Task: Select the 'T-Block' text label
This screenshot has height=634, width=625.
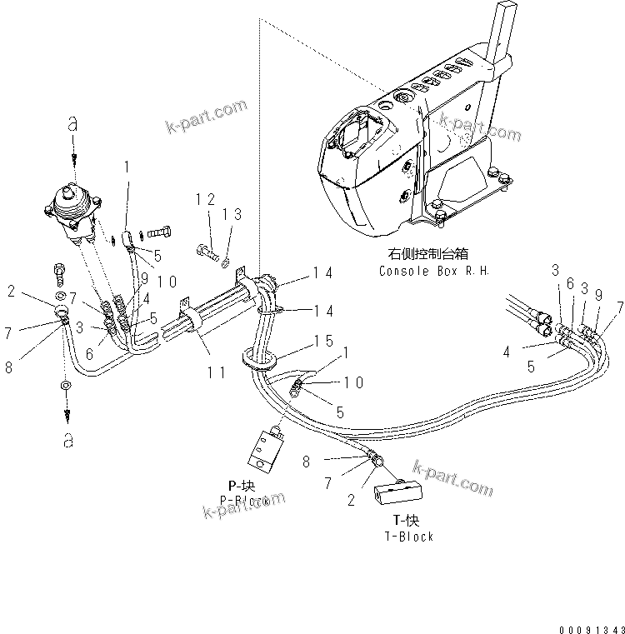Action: [x=408, y=537]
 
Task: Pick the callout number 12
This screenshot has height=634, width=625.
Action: [x=205, y=199]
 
